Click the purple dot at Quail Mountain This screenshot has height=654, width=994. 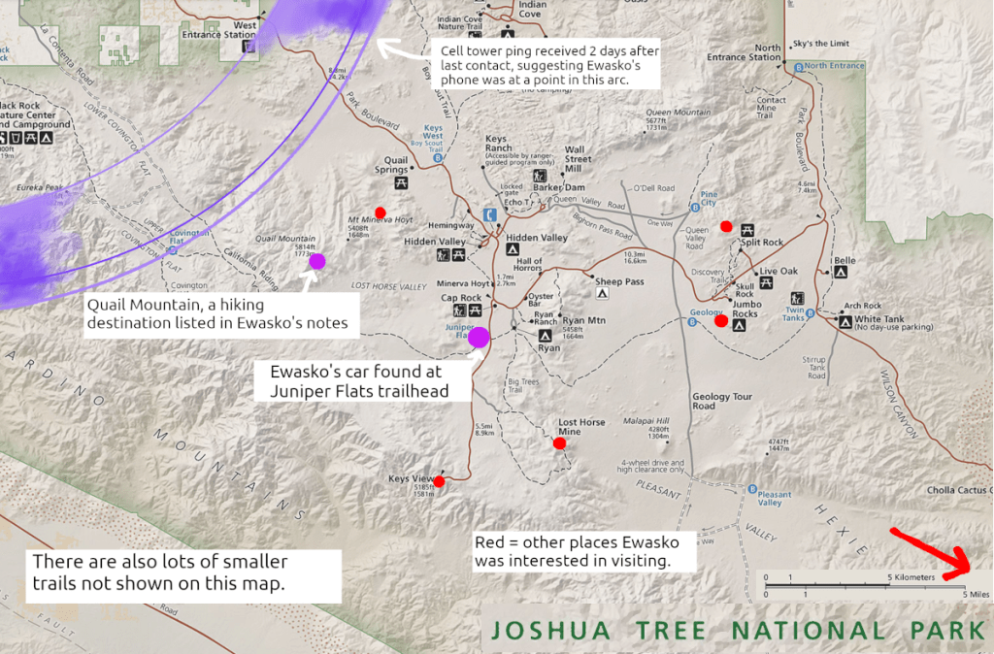point(317,260)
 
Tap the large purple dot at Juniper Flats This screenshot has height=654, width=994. point(478,338)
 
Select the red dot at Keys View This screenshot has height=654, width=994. point(439,480)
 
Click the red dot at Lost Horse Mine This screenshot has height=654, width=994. point(559,443)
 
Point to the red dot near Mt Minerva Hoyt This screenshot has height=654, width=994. point(381,213)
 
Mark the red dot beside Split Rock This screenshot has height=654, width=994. point(726,226)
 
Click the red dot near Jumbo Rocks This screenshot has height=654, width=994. point(721,320)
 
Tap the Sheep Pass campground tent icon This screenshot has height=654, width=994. point(602,291)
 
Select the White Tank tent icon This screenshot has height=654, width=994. point(845,320)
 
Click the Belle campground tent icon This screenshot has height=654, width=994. point(840,273)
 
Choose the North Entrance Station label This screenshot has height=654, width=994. point(768,52)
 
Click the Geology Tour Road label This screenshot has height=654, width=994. point(723,401)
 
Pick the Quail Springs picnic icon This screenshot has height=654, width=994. point(401,181)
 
